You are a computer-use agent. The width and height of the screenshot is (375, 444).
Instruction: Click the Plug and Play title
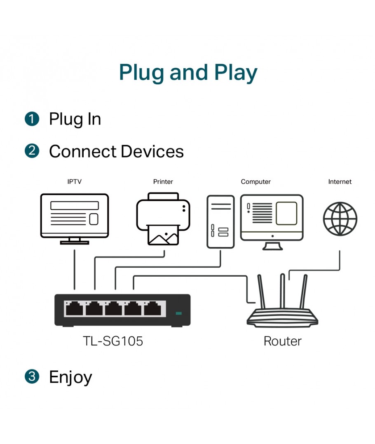(x=188, y=73)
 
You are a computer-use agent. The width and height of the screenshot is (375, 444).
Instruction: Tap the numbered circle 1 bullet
(x=32, y=119)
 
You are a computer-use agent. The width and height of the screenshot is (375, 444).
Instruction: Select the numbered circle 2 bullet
(x=32, y=151)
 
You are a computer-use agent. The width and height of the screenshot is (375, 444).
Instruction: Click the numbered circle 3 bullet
(x=32, y=376)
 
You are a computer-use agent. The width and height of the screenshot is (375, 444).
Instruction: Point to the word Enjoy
(x=70, y=377)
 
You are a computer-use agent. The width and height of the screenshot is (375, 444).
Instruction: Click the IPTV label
(x=74, y=182)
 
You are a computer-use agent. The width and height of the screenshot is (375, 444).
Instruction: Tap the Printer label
(x=163, y=182)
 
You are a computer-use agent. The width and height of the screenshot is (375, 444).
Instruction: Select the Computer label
(x=255, y=182)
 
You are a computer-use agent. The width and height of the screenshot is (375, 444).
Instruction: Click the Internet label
(x=340, y=182)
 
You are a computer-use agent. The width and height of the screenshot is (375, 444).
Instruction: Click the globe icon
(x=340, y=219)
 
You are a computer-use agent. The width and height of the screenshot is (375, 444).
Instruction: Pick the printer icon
(x=163, y=219)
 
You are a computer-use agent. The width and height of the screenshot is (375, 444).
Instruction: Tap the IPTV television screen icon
(x=74, y=219)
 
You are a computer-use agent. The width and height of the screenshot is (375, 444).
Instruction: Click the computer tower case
(x=220, y=222)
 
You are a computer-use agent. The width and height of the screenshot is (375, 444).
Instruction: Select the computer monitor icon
(x=272, y=222)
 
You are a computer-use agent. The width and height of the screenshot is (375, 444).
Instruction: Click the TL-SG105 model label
(x=112, y=341)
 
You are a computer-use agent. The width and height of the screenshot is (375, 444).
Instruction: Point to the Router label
(x=282, y=341)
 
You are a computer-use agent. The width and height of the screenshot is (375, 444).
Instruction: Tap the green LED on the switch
(x=178, y=313)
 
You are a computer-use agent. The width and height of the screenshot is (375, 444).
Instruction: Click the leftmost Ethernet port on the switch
(x=74, y=308)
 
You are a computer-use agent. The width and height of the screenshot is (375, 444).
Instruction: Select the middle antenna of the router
(x=282, y=291)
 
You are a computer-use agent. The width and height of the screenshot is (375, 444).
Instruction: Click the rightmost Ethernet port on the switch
(x=152, y=308)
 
